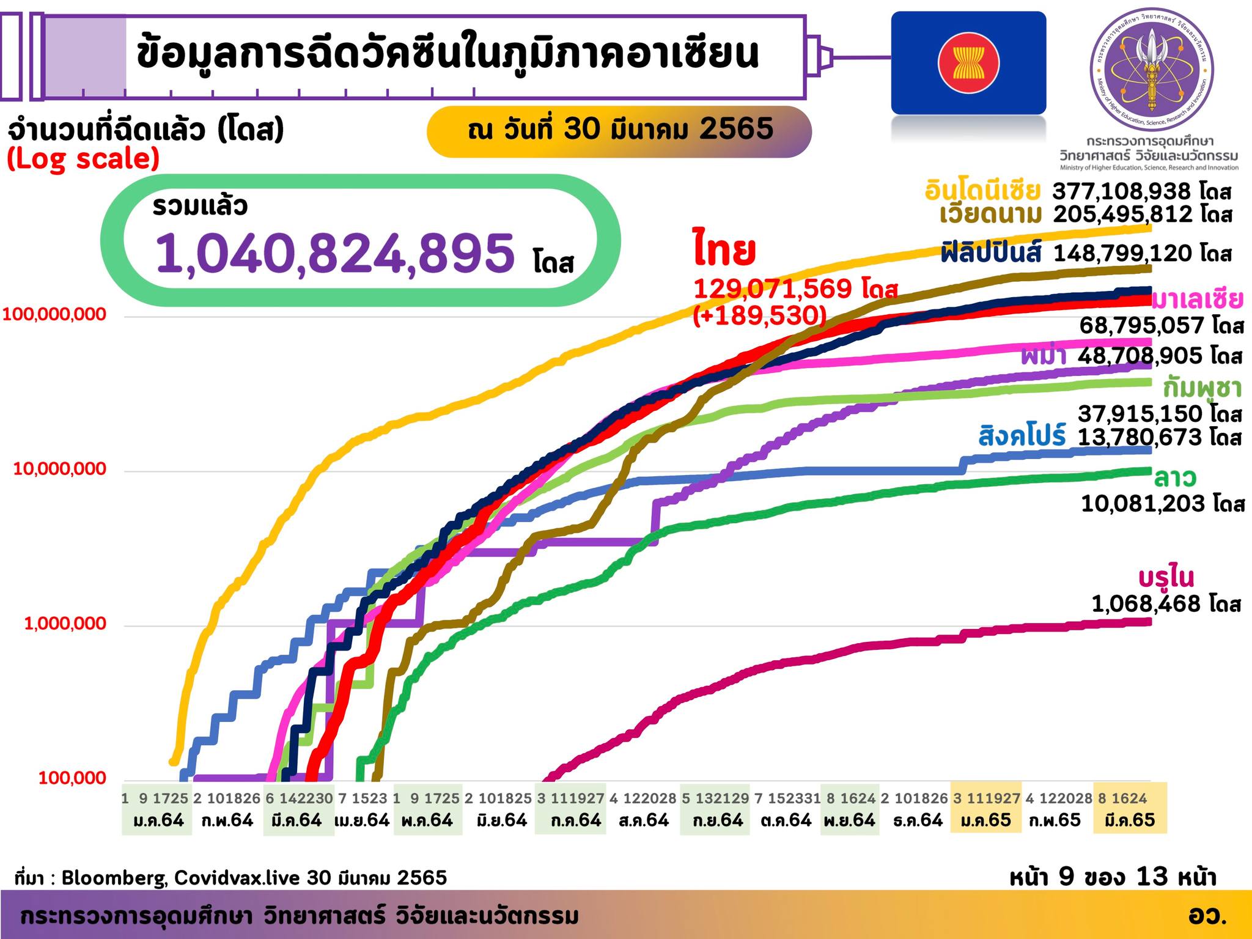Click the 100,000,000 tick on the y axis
(54, 315)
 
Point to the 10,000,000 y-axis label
(60, 469)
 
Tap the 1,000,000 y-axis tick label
(65, 624)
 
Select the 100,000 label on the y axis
(72, 778)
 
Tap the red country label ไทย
(724, 251)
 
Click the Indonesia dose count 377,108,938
(1121, 191)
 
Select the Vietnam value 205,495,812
(1122, 215)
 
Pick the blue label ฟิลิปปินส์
(991, 253)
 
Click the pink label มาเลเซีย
(1197, 300)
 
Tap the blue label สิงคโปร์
(1022, 436)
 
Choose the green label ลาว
(1175, 477)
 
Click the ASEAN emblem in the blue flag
(968, 63)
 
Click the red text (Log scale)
(84, 160)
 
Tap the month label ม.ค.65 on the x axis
(985, 820)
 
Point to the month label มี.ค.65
(1130, 820)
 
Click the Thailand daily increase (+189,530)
(759, 315)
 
